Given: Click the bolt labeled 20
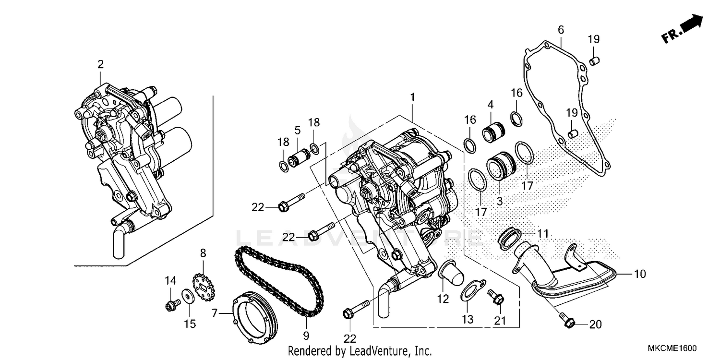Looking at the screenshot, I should click(x=568, y=322).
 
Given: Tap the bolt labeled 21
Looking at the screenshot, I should click(x=496, y=298).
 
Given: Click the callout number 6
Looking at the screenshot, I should click(x=561, y=30).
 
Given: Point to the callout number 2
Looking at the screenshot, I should click(x=100, y=64).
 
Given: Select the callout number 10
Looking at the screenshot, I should click(x=640, y=274).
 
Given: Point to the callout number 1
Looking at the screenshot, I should click(x=412, y=97).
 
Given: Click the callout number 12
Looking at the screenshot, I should click(x=443, y=299).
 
